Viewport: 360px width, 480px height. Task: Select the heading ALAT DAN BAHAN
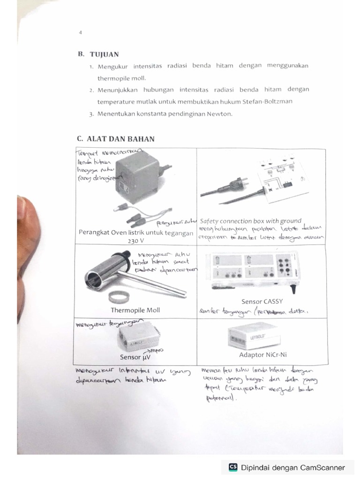pyautogui.click(x=120, y=139)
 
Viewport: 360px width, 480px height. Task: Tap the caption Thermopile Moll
pyautogui.click(x=135, y=310)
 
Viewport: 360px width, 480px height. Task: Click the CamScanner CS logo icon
pyautogui.click(x=233, y=467)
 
